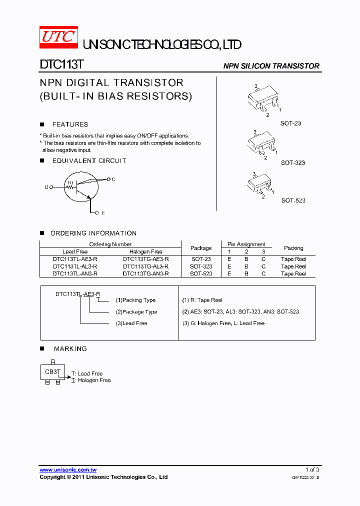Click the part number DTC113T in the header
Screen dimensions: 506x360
[x=61, y=65]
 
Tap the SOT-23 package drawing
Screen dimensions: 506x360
[x=262, y=100]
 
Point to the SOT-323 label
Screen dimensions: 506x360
[x=292, y=163]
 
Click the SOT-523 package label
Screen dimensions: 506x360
[x=293, y=200]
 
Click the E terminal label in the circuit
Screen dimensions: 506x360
[x=103, y=213]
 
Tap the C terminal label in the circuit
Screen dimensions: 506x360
[x=113, y=179]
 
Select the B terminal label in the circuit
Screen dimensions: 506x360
[x=46, y=187]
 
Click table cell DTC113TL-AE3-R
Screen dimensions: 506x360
[x=75, y=259]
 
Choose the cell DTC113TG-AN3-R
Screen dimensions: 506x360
[x=145, y=274]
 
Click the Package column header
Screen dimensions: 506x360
[x=201, y=248]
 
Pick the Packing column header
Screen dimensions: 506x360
[x=293, y=248]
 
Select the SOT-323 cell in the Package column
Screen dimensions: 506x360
[x=201, y=266]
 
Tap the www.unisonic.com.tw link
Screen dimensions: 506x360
[x=68, y=470]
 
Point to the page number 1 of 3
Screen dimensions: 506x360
[x=312, y=470]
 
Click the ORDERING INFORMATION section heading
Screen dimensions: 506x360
[x=93, y=233]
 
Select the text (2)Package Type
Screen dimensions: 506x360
[x=136, y=312]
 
